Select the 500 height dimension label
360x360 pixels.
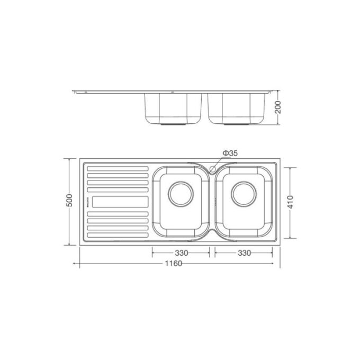68,201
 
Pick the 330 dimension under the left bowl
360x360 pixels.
179,254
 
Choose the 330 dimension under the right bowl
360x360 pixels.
244,254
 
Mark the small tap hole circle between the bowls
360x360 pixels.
213,169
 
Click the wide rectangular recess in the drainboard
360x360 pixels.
120,202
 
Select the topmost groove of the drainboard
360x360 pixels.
117,169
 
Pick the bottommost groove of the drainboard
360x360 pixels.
117,233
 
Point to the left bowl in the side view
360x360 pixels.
173,108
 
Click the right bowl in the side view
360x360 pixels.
237,108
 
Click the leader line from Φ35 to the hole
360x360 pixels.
218,161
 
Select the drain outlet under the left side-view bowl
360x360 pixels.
173,124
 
